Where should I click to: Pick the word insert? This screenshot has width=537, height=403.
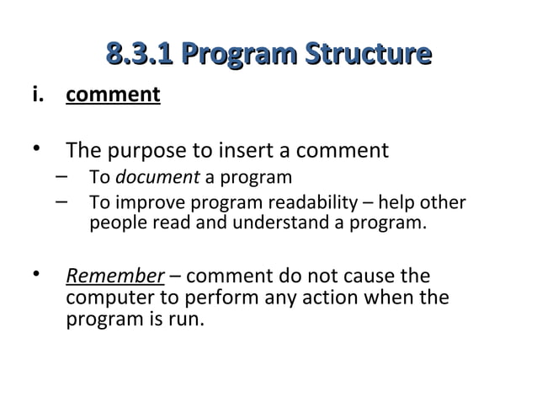click(247, 152)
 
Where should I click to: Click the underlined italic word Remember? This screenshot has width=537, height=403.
click(114, 277)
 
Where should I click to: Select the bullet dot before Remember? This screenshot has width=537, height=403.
click(36, 275)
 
